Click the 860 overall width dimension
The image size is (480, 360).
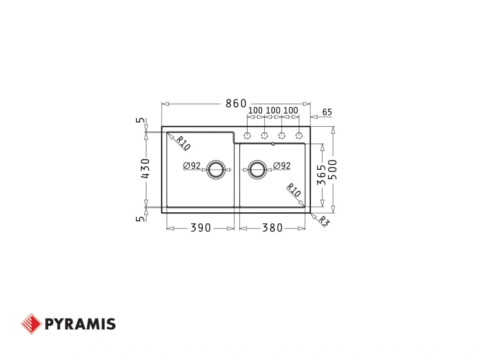(236, 103)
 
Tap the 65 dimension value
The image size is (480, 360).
(327, 112)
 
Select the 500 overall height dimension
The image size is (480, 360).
(334, 170)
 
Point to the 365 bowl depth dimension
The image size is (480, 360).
(322, 175)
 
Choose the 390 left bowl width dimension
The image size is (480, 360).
(200, 228)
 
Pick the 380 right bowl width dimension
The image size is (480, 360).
(272, 228)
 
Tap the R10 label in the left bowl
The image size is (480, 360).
(183, 143)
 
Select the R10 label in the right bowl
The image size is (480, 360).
(294, 190)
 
